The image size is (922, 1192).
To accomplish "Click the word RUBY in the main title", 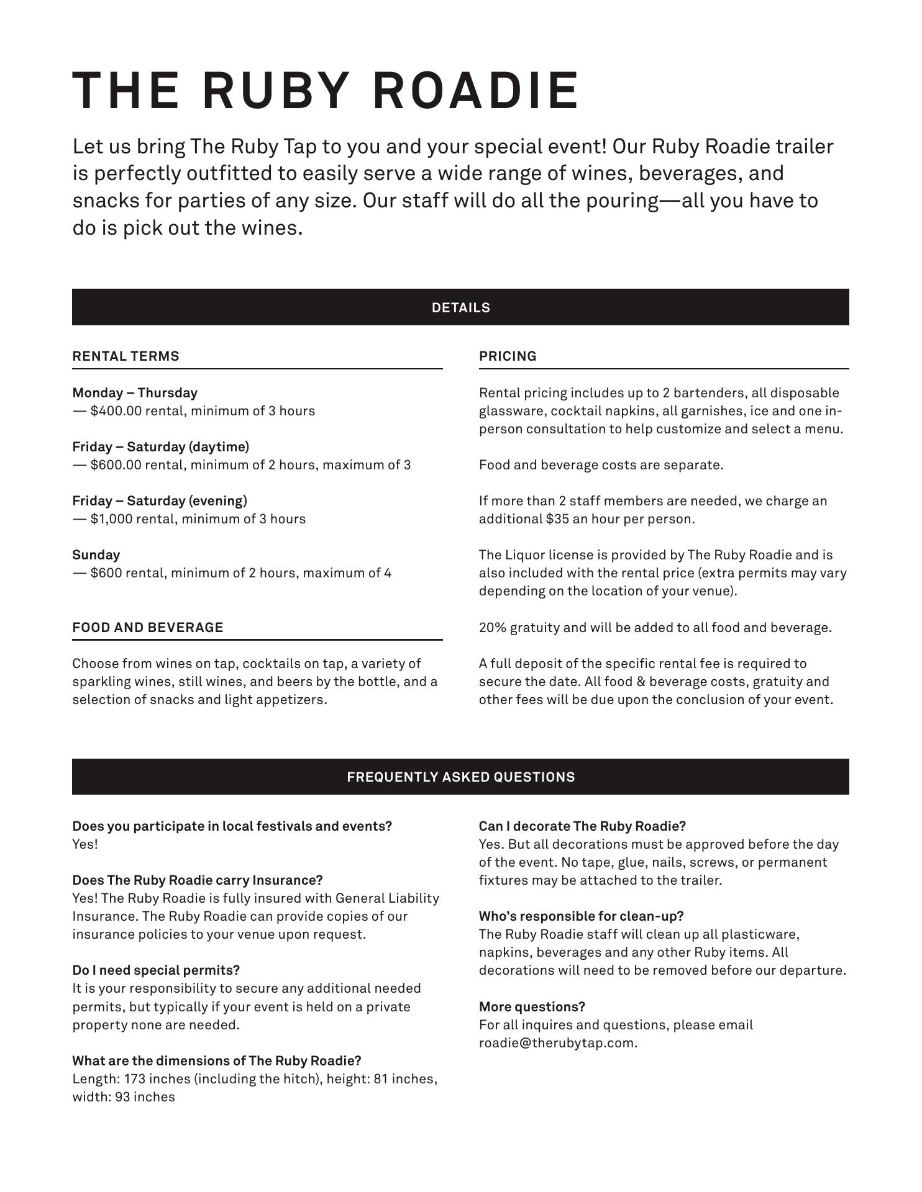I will [274, 91].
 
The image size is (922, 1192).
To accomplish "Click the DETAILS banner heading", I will [460, 308].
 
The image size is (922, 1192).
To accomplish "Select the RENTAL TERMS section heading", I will [126, 356].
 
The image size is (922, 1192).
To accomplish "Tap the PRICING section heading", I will [508, 356].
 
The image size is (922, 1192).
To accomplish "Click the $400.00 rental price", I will [116, 411].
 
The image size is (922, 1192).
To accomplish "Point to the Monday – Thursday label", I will [135, 393].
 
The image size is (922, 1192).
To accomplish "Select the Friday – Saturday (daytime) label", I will [160, 447].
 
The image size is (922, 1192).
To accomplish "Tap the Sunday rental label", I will [96, 555].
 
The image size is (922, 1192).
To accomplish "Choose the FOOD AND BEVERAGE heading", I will [148, 628].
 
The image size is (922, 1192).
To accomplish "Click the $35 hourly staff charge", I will [557, 519].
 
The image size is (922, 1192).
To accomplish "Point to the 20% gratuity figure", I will [492, 628].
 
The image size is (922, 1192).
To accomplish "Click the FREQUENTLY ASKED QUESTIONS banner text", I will [460, 777].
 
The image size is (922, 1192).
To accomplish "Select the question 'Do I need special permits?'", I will [156, 970].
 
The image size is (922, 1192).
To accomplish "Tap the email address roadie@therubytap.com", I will [557, 1043].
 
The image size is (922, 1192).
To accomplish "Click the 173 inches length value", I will [157, 1079].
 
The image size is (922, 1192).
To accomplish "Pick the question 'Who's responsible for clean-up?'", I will [581, 916].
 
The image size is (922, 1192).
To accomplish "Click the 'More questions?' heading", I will [532, 1007].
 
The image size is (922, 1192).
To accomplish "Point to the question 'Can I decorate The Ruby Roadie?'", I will [582, 826].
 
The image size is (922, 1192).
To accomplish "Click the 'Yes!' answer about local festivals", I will [85, 844].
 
